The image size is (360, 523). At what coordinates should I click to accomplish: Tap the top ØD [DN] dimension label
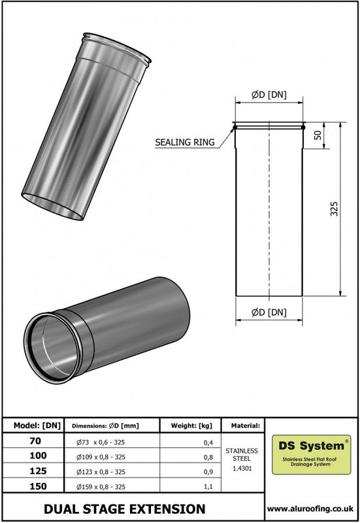click(269, 95)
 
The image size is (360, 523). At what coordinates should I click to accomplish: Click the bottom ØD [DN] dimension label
click(269, 312)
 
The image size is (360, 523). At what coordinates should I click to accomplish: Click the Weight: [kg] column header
click(191, 425)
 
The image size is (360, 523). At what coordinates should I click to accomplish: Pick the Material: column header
click(242, 425)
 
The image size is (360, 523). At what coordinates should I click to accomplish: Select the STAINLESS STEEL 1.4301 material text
click(242, 459)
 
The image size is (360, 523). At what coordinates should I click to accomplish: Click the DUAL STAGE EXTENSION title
click(124, 508)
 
